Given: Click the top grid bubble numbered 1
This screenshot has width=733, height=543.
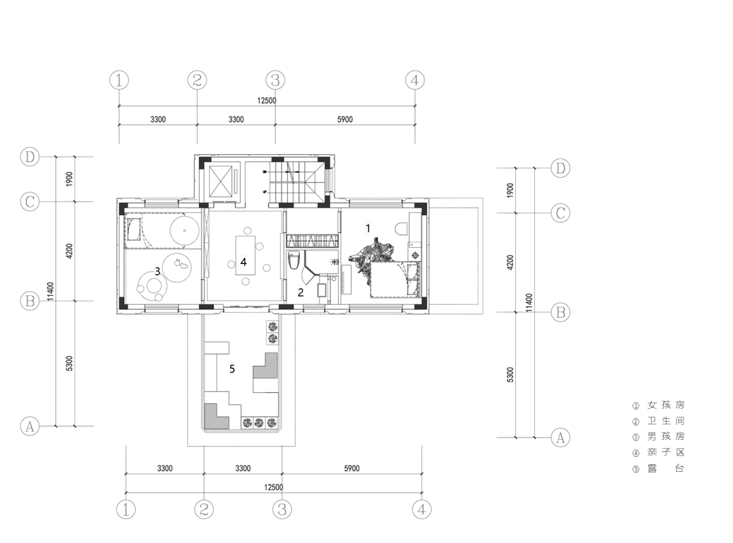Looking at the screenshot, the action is pos(119,81).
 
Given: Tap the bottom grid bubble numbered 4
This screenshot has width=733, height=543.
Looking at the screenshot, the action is pos(421,509).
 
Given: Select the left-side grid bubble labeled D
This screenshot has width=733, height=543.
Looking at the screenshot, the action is pos(30,157).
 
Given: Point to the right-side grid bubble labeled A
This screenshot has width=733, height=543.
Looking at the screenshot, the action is pos(560,438).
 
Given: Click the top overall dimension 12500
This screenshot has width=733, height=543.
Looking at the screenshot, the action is pos(267,100).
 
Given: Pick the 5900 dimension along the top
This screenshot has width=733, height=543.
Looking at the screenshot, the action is pos(345,119).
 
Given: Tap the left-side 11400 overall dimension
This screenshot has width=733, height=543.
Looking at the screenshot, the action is pos(50,291).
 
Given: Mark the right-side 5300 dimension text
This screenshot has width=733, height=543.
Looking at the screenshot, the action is pos(510,375).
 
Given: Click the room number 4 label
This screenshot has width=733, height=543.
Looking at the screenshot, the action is pos(244,262).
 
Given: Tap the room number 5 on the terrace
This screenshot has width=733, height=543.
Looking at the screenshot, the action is pos(232,369).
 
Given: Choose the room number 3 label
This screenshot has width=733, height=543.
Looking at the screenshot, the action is pos(157,271).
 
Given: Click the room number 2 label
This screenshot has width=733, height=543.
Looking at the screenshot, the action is pos(301,293).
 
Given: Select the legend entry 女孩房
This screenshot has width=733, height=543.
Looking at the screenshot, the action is pos(658,405).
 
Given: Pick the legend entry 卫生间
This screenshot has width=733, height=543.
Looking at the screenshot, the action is pos(658,421).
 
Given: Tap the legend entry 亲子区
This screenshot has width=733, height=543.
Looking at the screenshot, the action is pos(658,452).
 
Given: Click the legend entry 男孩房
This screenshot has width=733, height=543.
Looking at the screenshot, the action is pos(658,436).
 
